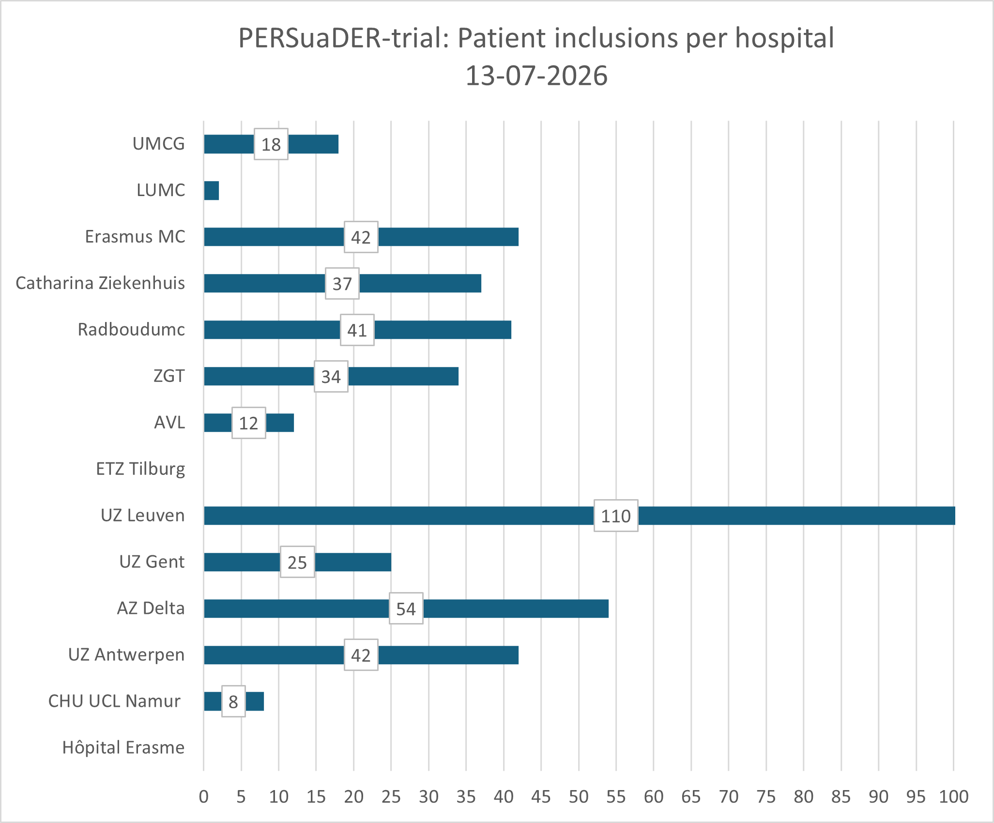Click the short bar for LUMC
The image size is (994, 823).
pos(211,190)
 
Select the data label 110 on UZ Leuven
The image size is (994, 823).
pos(616,516)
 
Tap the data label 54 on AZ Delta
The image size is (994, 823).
pos(406,609)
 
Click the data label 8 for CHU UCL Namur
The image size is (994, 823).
pos(233,701)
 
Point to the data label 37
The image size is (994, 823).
pos(342,283)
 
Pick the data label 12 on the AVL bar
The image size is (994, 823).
pos(248,423)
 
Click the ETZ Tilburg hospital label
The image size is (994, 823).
pos(140,469)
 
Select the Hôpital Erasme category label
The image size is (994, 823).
pos(123,747)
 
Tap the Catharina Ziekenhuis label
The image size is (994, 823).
pos(100,283)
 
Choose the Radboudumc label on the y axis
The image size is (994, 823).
pos(131,329)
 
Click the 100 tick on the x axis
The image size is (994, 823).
pos(953,796)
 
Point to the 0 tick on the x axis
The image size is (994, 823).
pos(204,796)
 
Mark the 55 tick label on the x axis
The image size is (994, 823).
pos(616,796)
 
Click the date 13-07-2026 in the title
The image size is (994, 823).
pos(536,76)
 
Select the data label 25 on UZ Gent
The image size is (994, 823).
pos(297,562)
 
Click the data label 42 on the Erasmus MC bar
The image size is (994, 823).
pos(361,237)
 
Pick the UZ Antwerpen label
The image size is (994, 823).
pos(126,655)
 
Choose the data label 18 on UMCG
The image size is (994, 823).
pos(271,144)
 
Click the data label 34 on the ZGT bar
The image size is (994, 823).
pos(331,376)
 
